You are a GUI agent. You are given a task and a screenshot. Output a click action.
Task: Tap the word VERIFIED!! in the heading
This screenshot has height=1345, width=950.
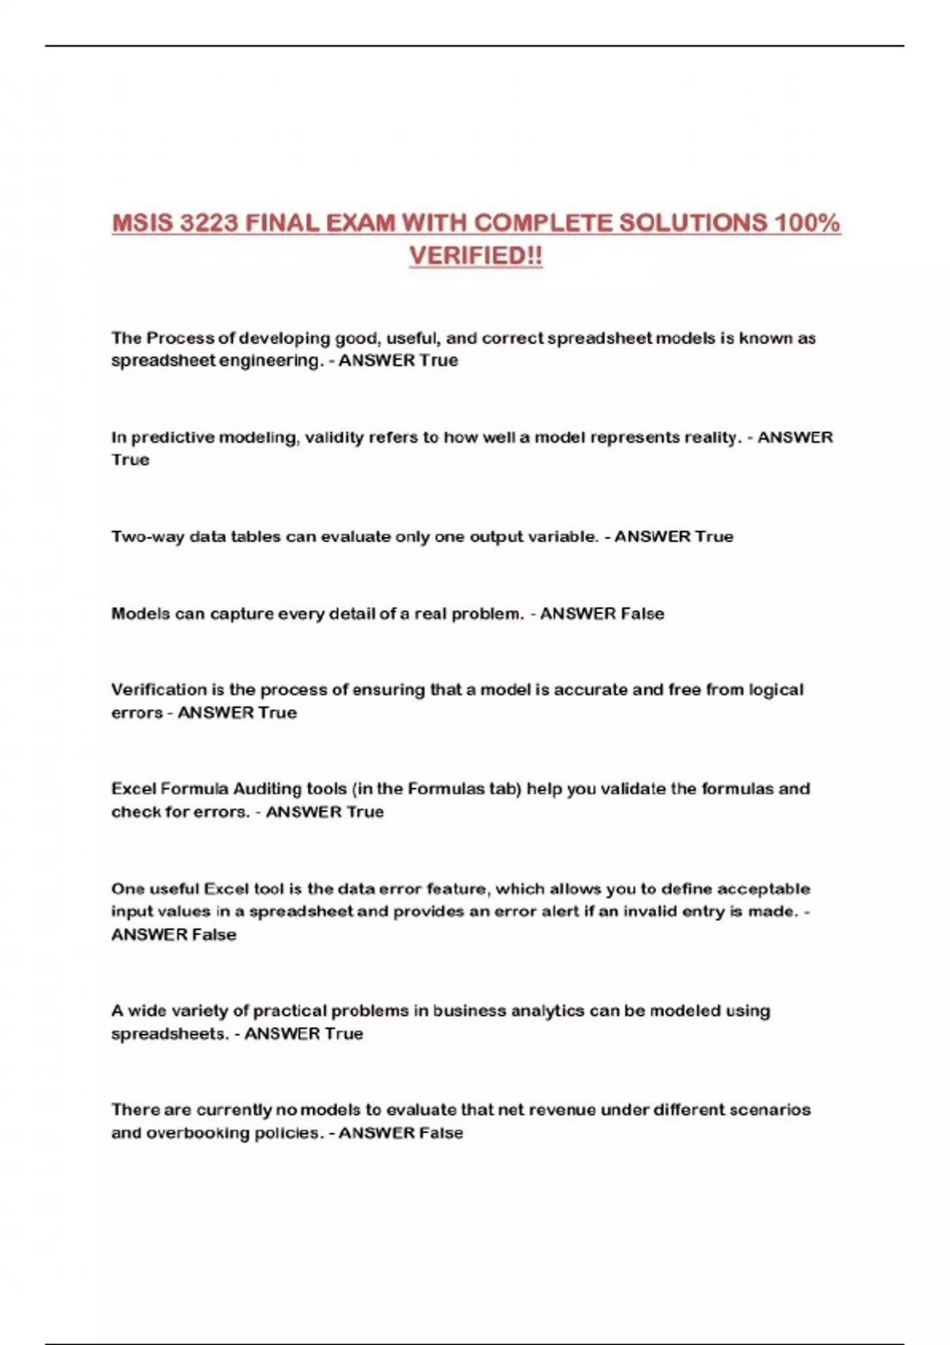[476, 256]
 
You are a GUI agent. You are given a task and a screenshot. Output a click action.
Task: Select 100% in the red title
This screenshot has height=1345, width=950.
[807, 223]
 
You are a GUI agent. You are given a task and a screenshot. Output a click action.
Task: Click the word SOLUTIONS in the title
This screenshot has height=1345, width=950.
[692, 223]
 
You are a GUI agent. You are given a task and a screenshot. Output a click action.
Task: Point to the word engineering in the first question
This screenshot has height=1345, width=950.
[270, 361]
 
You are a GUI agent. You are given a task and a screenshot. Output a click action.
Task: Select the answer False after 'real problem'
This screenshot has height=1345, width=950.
[642, 614]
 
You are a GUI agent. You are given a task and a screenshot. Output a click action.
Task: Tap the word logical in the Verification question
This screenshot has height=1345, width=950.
[776, 690]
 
